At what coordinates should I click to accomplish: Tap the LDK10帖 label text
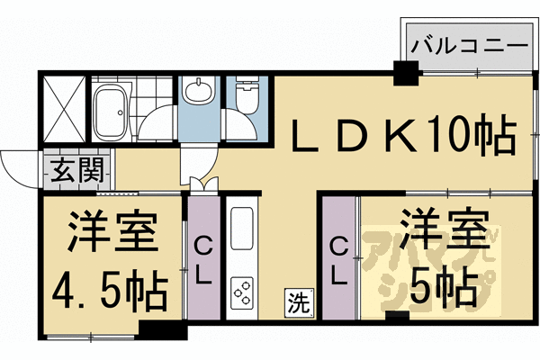click(401, 136)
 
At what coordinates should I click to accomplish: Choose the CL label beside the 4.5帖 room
click(203, 259)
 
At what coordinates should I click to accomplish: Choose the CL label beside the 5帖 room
click(339, 259)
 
